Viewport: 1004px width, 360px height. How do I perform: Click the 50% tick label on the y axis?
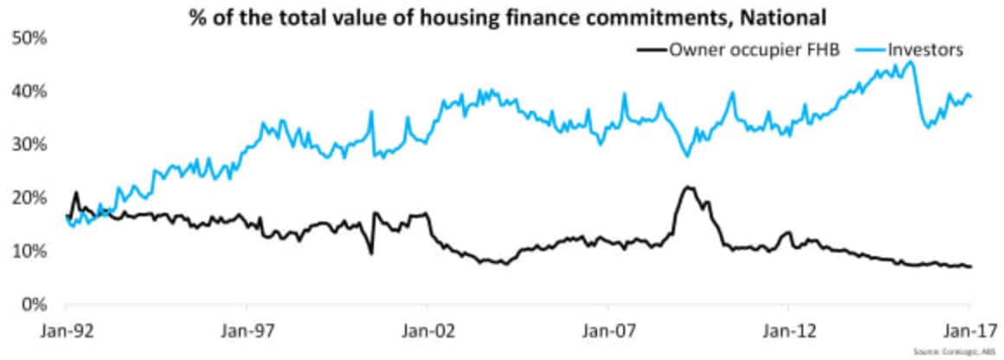[x=29, y=38]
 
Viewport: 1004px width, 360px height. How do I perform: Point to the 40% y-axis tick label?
[x=29, y=91]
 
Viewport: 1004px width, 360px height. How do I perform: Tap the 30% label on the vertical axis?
[x=29, y=144]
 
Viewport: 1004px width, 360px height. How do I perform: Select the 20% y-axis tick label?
[x=29, y=197]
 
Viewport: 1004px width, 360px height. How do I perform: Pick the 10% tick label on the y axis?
[x=29, y=251]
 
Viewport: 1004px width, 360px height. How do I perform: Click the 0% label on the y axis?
[x=33, y=304]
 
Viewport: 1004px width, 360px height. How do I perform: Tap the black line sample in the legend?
[x=649, y=49]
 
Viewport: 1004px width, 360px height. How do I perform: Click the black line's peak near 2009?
[x=688, y=186]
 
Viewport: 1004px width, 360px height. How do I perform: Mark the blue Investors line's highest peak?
[x=909, y=61]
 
